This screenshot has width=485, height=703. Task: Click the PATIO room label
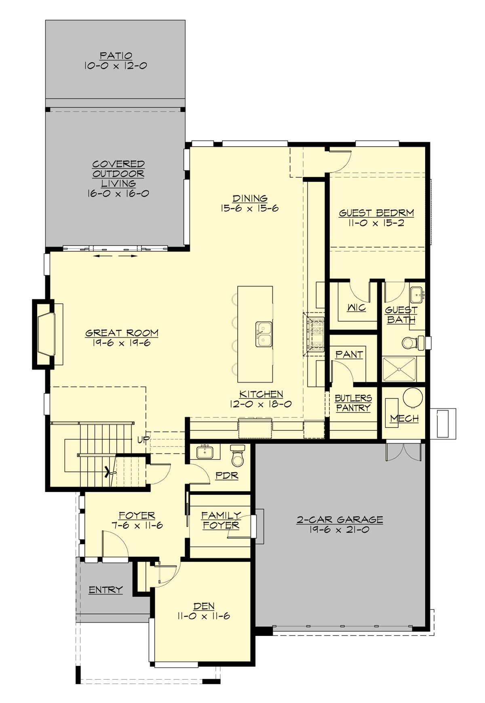(116, 56)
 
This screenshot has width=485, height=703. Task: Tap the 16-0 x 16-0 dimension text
(118, 194)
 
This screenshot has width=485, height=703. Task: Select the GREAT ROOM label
(122, 333)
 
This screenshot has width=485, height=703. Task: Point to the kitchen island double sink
(264, 334)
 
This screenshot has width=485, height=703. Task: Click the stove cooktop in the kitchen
(315, 334)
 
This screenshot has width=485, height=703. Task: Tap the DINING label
(249, 198)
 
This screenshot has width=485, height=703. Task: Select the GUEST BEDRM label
(376, 213)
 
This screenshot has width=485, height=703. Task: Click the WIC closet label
(356, 308)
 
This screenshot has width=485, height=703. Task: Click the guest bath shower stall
(399, 369)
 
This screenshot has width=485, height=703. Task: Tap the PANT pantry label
(349, 354)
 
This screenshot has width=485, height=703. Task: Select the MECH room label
(404, 419)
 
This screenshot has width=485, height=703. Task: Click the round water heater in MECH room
(413, 398)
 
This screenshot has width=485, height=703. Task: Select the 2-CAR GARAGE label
(339, 520)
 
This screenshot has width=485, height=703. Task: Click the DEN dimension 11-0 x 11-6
(203, 616)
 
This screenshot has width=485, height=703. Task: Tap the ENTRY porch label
(105, 590)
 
